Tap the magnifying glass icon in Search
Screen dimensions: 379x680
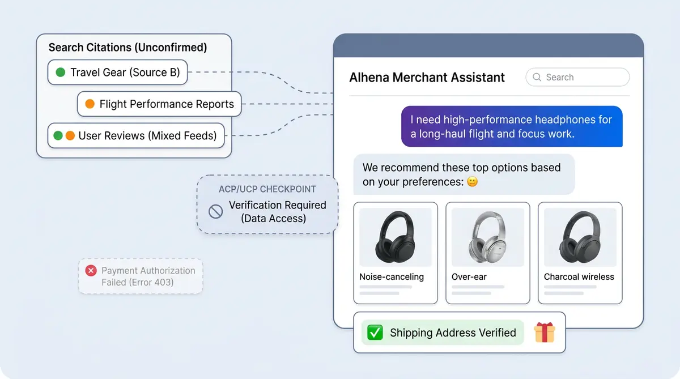(537, 78)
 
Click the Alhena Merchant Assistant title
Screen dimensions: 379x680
(427, 78)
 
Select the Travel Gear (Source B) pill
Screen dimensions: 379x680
(118, 73)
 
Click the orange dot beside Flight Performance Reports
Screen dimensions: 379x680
(90, 104)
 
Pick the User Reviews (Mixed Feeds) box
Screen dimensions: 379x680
(136, 136)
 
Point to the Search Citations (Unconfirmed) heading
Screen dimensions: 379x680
(127, 48)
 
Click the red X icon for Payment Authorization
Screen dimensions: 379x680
(91, 271)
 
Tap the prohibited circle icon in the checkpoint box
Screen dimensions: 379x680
(215, 212)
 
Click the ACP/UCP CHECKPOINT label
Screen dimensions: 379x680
(267, 189)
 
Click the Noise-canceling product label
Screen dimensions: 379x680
(392, 277)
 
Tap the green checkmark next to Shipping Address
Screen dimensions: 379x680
(375, 333)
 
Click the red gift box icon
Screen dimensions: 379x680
(545, 333)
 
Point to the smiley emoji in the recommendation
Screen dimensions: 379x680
(471, 182)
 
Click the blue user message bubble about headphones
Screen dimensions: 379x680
(512, 127)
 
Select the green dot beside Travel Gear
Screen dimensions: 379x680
(61, 73)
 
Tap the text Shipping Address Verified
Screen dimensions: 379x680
(453, 333)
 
